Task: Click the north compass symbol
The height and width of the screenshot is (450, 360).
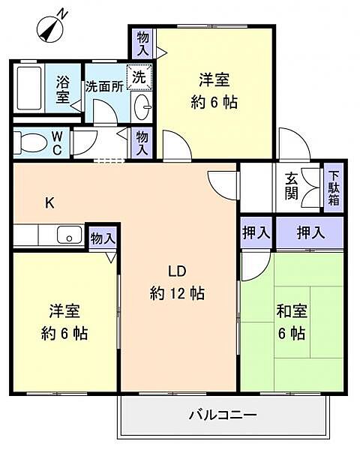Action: point(50,28)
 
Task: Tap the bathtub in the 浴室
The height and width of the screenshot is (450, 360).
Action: point(29,88)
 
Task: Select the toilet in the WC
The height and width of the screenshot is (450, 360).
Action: point(30,142)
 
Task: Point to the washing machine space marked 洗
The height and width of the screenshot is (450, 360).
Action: point(139,77)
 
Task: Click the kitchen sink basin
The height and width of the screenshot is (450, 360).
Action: point(70,235)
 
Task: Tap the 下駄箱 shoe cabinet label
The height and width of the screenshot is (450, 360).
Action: point(334,187)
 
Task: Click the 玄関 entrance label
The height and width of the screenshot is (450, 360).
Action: point(292,187)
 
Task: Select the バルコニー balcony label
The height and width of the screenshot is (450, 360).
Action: point(223,415)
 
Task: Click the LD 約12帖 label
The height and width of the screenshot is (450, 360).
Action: point(177,283)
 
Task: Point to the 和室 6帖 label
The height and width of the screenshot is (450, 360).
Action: point(292,322)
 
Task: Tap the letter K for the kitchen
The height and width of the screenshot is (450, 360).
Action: point(49,203)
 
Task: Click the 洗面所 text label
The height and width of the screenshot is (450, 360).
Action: point(104,87)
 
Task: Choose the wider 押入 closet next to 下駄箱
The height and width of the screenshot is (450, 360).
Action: point(310,232)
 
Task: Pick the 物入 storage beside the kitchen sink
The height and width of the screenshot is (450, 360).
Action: point(103,238)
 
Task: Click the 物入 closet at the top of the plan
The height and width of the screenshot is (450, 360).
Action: point(142,43)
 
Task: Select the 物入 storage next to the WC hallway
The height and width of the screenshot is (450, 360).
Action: point(142,142)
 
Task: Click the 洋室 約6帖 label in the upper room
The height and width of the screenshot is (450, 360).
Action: point(214,91)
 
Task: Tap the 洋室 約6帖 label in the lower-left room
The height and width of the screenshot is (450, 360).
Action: point(64,322)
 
